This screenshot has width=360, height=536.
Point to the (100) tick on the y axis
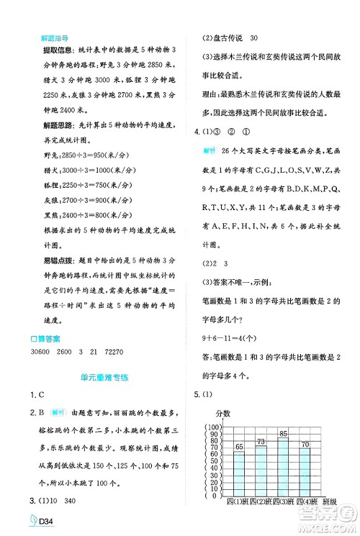click(x=213, y=427)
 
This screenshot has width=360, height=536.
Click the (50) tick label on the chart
click(x=213, y=461)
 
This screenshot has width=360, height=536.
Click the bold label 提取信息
click(x=41, y=56)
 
